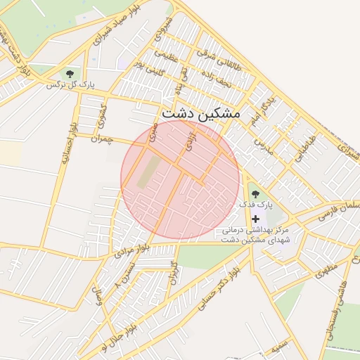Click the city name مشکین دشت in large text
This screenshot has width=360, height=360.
200,112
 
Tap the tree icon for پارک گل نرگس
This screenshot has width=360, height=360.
70,73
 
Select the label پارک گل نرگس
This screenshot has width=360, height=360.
70,85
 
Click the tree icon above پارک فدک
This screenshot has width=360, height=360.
255,192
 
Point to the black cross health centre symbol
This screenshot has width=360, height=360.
255,219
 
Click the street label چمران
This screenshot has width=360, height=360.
101,140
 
